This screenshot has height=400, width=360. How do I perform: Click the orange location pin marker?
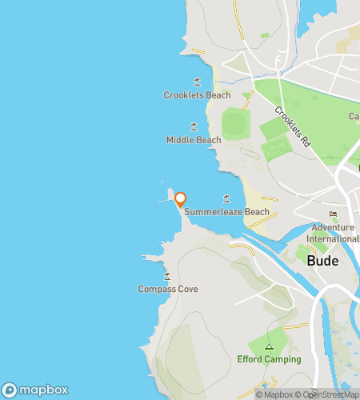(x=180, y=199)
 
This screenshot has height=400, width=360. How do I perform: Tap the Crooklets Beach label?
(x=197, y=95)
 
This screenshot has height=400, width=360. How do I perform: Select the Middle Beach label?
(x=194, y=140)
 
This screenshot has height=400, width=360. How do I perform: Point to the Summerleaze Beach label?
(x=227, y=212)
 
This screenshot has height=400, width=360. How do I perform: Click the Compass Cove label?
(x=167, y=289)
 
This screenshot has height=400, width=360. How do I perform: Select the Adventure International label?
(x=335, y=233)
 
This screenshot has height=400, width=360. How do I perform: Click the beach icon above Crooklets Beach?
(x=197, y=82)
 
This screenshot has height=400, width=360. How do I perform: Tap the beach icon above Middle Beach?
(x=194, y=126)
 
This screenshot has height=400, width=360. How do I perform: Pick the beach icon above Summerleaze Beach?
(x=226, y=198)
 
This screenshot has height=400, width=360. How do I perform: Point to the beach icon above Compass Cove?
(x=167, y=276)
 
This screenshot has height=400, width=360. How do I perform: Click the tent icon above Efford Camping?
(x=269, y=346)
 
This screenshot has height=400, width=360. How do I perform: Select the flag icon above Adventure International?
(x=334, y=214)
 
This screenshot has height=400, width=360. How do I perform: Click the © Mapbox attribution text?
(x=274, y=394)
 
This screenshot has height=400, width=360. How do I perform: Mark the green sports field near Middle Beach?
(x=234, y=124)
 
